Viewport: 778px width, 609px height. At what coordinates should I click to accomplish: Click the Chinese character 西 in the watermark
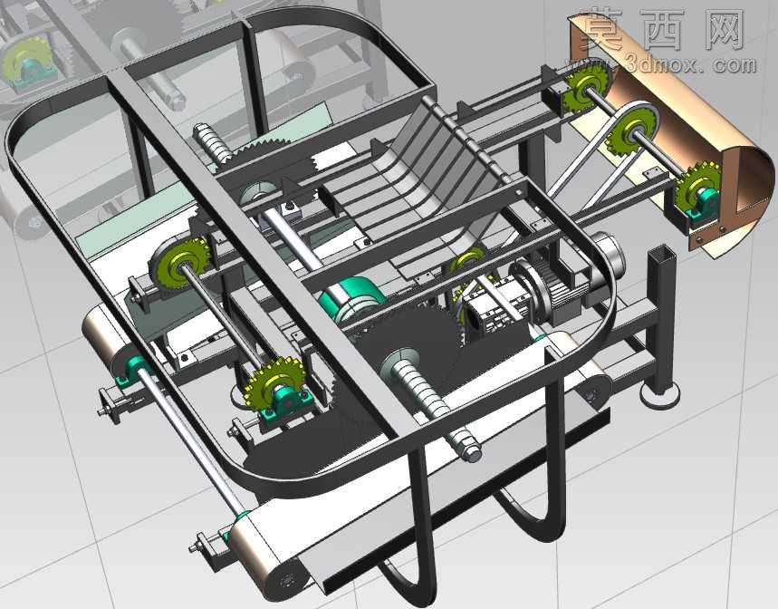pos(663,30)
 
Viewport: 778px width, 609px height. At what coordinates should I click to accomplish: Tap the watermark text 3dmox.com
pos(690,64)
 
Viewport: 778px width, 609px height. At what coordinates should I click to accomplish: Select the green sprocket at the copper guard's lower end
pos(699,187)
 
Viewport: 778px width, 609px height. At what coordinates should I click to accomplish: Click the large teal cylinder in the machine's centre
pos(351,301)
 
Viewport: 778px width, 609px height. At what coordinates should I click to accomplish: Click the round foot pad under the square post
pos(659,395)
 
